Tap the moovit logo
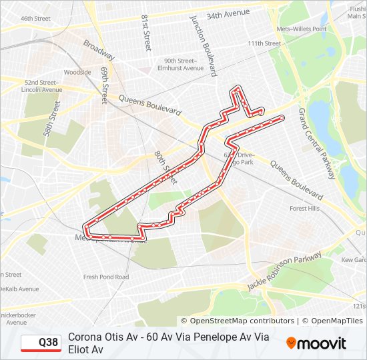(316, 343)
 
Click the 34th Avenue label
(228, 13)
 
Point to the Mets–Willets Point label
(302, 29)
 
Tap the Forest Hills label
(304, 209)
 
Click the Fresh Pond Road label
(106, 277)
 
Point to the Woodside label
(77, 72)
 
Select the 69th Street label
(104, 84)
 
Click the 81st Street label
(145, 33)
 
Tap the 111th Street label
(264, 43)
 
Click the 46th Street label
(35, 19)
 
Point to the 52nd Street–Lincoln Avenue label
(41, 85)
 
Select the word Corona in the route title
(85, 337)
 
